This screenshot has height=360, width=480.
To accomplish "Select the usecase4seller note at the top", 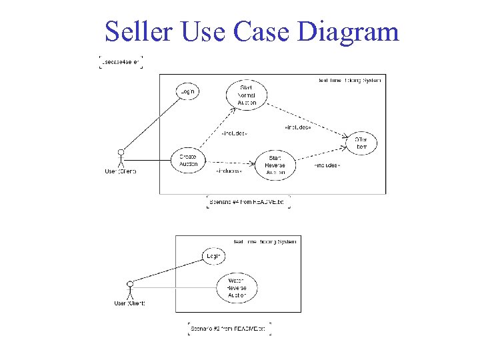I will point(121,62).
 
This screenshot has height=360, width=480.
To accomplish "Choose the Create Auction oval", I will point(189,160).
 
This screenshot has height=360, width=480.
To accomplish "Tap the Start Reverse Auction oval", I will point(275,164).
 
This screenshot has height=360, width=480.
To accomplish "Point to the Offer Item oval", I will point(361,143).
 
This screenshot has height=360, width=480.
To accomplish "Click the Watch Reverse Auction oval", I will point(237,287).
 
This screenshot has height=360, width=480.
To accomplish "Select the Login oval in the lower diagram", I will point(213,256).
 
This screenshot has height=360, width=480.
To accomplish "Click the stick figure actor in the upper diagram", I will point(121,158).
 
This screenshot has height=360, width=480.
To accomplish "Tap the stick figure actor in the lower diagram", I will point(130,291).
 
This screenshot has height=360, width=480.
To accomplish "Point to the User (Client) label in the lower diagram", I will point(129,303).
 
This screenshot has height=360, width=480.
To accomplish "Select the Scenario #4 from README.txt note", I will point(249,201).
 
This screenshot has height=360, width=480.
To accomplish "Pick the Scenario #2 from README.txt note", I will point(229,329).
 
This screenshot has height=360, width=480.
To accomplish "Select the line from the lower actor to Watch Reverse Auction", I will point(173,287).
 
